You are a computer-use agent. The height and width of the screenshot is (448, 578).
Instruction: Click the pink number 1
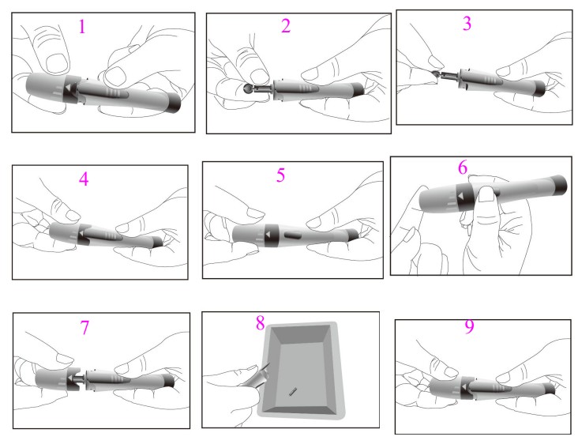pos(82,27)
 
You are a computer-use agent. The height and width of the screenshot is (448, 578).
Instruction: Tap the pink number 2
pos(286,26)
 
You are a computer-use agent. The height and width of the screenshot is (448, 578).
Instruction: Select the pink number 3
pos(467,23)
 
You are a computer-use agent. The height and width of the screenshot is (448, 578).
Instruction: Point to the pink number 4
pos(84,179)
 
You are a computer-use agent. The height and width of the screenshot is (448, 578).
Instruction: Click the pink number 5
pos(281,175)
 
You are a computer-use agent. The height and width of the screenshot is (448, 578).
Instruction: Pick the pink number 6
pos(463,168)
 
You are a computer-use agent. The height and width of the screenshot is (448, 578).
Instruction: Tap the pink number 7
pos(84,327)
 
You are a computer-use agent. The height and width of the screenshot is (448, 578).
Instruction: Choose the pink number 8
pos(261,323)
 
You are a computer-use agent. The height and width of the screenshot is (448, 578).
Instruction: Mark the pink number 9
pos(469,326)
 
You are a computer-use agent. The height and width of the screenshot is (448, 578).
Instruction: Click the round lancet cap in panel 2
pos(248,88)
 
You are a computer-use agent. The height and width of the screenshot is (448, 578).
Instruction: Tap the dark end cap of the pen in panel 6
pos(559,185)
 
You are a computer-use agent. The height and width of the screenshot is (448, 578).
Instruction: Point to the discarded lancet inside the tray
pos(293,391)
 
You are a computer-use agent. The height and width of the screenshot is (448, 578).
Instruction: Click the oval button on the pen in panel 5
pos(294,235)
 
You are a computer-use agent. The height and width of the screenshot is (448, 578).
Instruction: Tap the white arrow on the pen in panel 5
pos(268,235)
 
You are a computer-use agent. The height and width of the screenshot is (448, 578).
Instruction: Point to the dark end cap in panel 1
pos(173,103)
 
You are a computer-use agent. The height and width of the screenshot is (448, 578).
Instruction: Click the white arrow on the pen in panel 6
pos(460,196)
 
